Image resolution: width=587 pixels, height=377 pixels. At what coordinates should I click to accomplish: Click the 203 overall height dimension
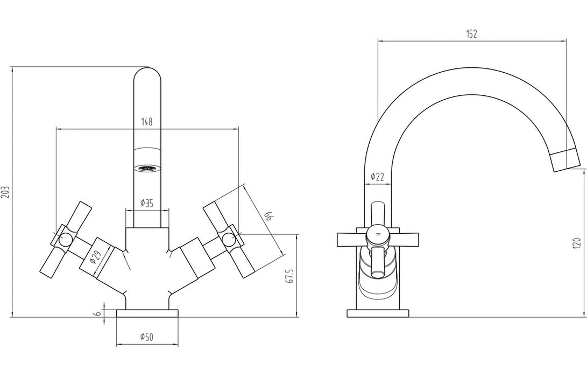(x=6, y=192)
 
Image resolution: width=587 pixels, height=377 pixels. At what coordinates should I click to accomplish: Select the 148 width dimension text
(x=147, y=122)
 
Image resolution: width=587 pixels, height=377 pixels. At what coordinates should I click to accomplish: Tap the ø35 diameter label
(x=147, y=203)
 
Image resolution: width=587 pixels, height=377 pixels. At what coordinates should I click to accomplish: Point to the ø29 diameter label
(x=96, y=258)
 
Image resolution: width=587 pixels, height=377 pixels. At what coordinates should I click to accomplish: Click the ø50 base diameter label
(x=147, y=337)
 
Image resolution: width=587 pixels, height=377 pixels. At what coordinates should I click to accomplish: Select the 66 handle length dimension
(x=268, y=217)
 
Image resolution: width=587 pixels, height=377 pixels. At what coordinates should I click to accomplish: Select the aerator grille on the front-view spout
(x=147, y=168)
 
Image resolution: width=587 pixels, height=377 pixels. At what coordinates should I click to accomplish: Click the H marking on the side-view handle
(x=378, y=235)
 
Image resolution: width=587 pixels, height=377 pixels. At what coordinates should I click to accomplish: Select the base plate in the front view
(x=147, y=313)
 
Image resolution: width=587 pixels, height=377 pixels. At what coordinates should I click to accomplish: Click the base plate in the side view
(x=378, y=313)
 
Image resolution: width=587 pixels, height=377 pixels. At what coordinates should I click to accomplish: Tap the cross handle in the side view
(x=378, y=238)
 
